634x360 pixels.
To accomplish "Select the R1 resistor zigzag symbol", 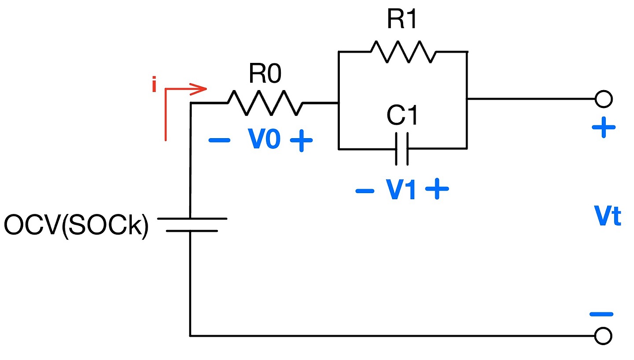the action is tap(402, 51).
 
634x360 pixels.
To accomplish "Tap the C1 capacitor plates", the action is tap(402, 148).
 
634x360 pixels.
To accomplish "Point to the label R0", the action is tap(265, 74).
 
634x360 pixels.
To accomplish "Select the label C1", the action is tap(402, 116).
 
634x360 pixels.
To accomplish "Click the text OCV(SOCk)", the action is tap(76, 225).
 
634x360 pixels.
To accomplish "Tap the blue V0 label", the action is tap(264, 140).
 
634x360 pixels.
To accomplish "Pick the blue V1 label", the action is tap(401, 191).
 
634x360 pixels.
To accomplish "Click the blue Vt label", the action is tap(607, 217).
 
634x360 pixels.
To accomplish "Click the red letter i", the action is tap(154, 85).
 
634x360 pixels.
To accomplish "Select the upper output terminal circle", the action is tap(603, 99).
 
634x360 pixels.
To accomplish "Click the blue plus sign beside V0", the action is tap(301, 141).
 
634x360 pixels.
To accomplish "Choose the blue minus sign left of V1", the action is tap(365, 191).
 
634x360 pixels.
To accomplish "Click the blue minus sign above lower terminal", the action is tap(601, 314).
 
